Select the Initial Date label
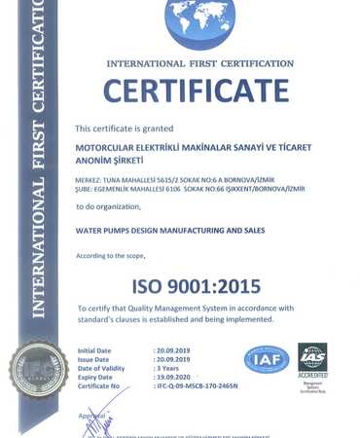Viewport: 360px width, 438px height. click(x=95, y=348)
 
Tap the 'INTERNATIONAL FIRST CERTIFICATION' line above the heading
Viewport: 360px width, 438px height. click(x=199, y=63)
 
